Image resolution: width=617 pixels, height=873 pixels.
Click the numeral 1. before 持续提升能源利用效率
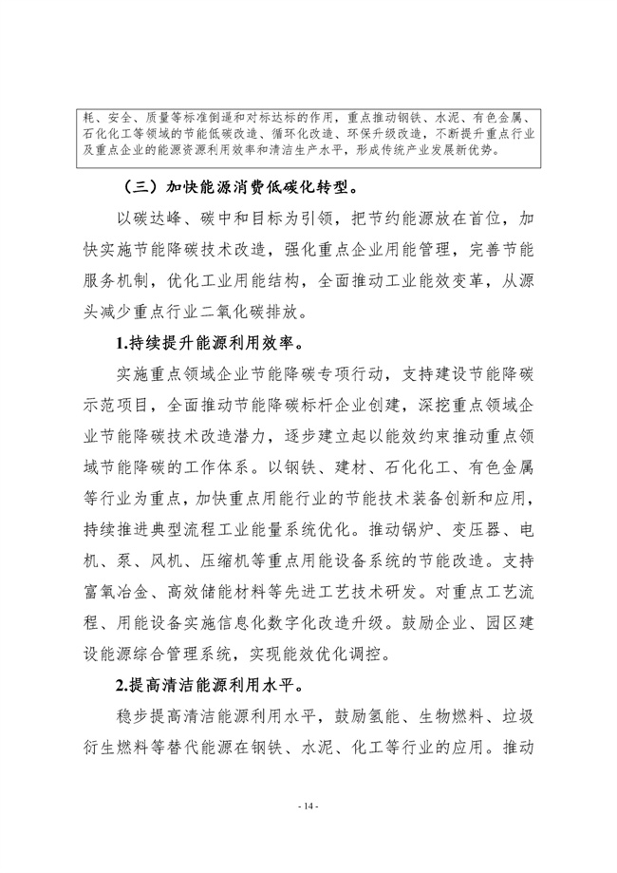(x=122, y=339)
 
